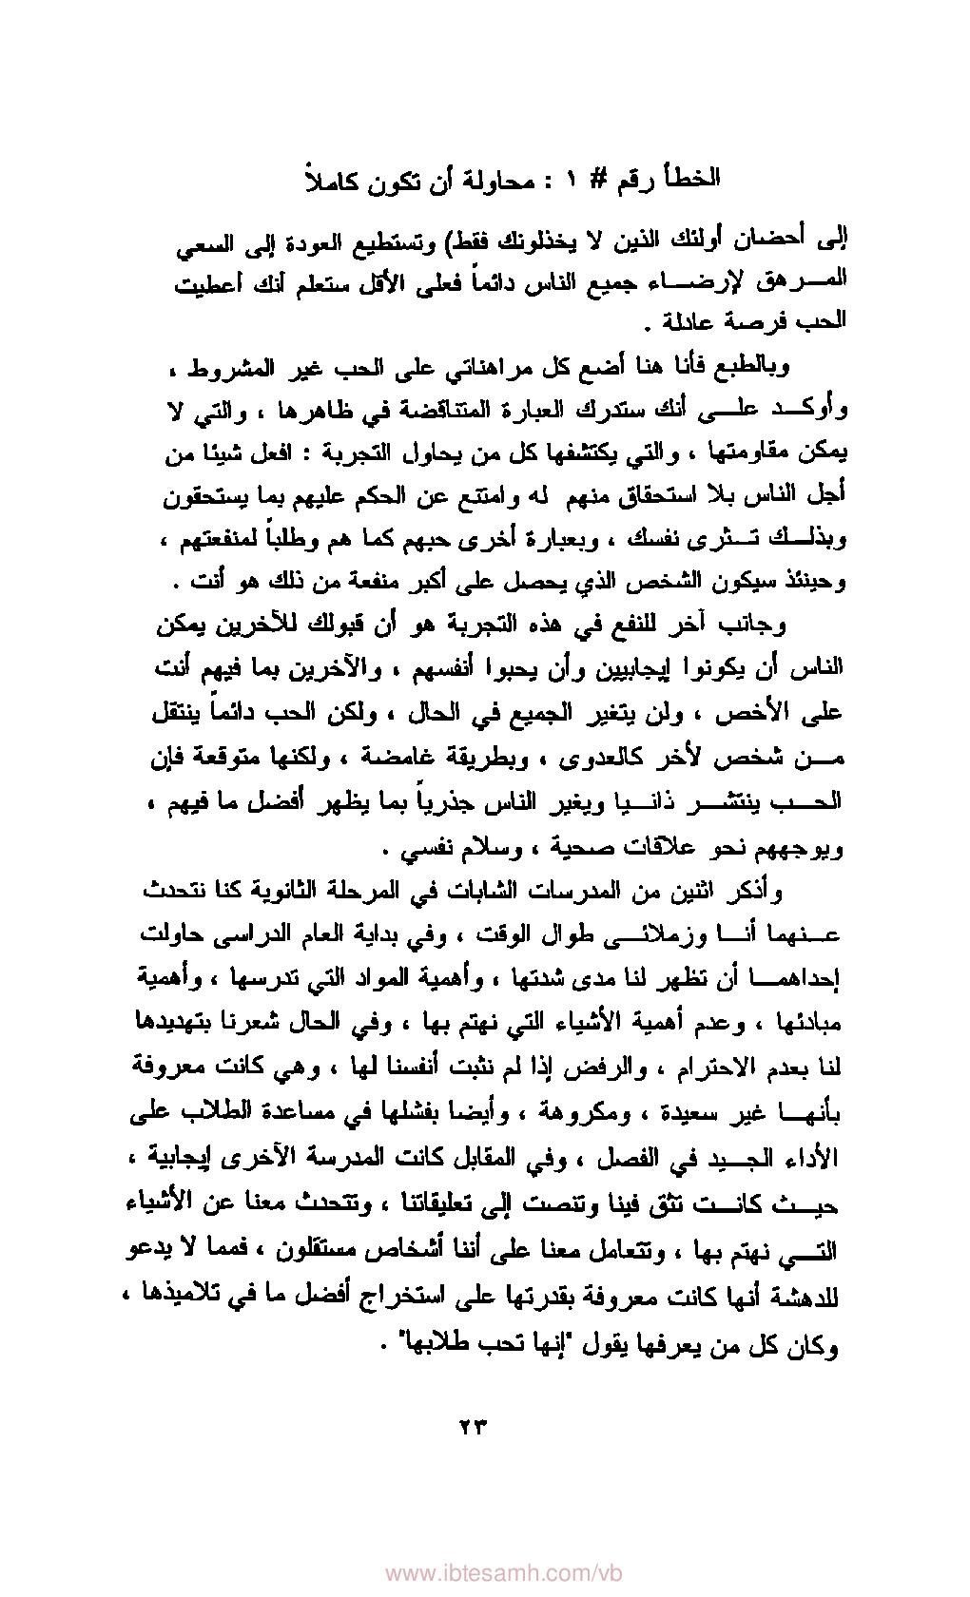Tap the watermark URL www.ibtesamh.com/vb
click(485, 1572)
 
